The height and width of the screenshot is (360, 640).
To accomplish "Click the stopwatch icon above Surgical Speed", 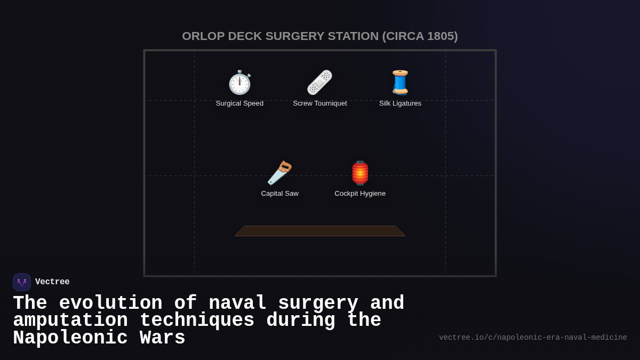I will point(239,83).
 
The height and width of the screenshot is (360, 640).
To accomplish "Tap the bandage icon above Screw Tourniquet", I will point(319,83).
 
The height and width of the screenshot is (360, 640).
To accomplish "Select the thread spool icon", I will point(400,83).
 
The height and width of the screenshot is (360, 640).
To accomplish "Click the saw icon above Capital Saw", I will point(279,173).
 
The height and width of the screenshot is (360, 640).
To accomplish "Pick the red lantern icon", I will point(360,173).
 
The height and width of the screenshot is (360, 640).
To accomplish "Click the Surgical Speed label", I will point(239,103).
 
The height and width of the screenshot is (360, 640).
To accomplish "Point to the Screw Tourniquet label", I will point(319,103).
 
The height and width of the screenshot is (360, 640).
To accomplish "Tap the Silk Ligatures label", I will point(400,103).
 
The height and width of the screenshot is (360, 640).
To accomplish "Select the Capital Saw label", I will point(279,194).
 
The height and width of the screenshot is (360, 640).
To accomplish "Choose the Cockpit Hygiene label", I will point(360,194).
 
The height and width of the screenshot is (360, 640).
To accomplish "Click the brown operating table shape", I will point(320,231).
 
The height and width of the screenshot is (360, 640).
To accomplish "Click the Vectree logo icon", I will point(22,282).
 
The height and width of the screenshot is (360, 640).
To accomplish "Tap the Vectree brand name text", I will point(52,282).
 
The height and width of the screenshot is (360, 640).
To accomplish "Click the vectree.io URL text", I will point(533,338).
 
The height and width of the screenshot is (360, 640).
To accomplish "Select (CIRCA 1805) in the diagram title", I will point(420,36).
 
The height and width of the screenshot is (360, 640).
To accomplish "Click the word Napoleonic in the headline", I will point(70,338).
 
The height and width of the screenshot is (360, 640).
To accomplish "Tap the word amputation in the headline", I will point(70,321).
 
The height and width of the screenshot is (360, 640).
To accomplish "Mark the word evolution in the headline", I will point(110,303).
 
